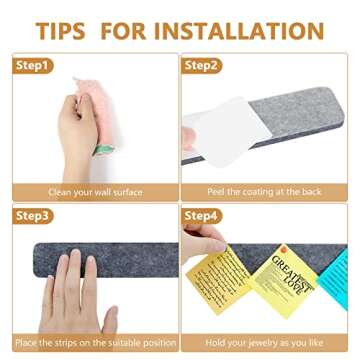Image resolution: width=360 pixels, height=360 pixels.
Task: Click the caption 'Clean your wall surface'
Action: coord(90,190)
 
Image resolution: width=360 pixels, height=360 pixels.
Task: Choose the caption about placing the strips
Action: coord(90,342)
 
